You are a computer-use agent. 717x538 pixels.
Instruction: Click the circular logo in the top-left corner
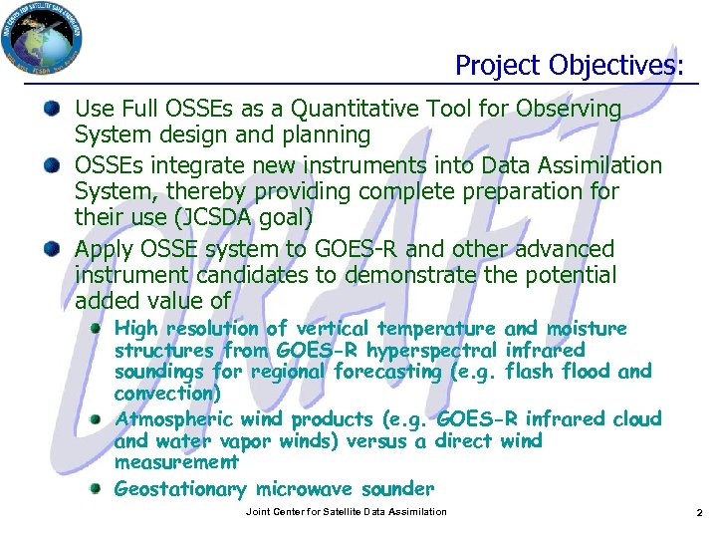click(42, 41)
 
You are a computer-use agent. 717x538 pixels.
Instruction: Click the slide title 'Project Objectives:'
click(570, 65)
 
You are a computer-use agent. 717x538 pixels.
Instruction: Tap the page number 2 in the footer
click(699, 512)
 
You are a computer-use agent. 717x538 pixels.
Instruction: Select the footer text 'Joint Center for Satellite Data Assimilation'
click(346, 512)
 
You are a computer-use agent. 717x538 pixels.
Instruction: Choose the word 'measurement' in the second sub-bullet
click(176, 462)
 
